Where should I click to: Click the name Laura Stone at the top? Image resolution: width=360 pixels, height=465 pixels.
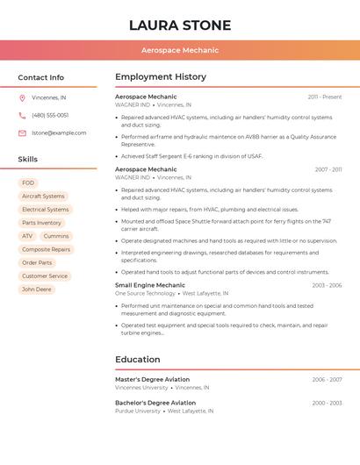pyautogui.click(x=180, y=25)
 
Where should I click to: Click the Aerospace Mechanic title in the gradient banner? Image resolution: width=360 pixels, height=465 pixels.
pyautogui.click(x=180, y=50)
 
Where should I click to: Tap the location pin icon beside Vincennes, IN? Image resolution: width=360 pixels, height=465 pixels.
pyautogui.click(x=22, y=98)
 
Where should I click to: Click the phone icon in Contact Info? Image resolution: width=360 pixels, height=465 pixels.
pyautogui.click(x=22, y=116)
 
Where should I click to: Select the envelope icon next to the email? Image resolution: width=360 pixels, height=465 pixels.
pyautogui.click(x=22, y=133)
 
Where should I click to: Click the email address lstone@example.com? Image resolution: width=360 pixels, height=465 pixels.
pyautogui.click(x=59, y=133)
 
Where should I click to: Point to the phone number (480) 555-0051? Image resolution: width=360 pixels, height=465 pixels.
pyautogui.click(x=50, y=116)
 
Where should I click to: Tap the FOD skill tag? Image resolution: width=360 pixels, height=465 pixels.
pyautogui.click(x=28, y=183)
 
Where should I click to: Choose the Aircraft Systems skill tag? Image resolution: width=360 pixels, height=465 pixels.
pyautogui.click(x=43, y=197)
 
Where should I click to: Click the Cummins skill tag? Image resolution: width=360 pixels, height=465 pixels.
pyautogui.click(x=56, y=236)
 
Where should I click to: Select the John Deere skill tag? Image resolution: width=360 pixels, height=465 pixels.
pyautogui.click(x=37, y=290)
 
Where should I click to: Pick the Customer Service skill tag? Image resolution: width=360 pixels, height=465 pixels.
pyautogui.click(x=45, y=276)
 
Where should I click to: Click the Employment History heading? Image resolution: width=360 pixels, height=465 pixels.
pyautogui.click(x=161, y=77)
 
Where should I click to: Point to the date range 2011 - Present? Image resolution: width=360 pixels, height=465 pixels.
pyautogui.click(x=325, y=97)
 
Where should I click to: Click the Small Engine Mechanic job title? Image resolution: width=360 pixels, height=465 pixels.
pyautogui.click(x=150, y=285)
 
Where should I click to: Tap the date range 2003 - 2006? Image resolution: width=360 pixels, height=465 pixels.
pyautogui.click(x=327, y=285)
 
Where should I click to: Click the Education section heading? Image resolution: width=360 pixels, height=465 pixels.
pyautogui.click(x=138, y=360)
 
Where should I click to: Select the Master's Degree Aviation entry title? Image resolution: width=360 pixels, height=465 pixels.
pyautogui.click(x=152, y=380)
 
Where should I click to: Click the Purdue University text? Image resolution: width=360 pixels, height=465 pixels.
pyautogui.click(x=138, y=411)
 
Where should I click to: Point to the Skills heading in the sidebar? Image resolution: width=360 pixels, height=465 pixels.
pyautogui.click(x=28, y=160)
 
